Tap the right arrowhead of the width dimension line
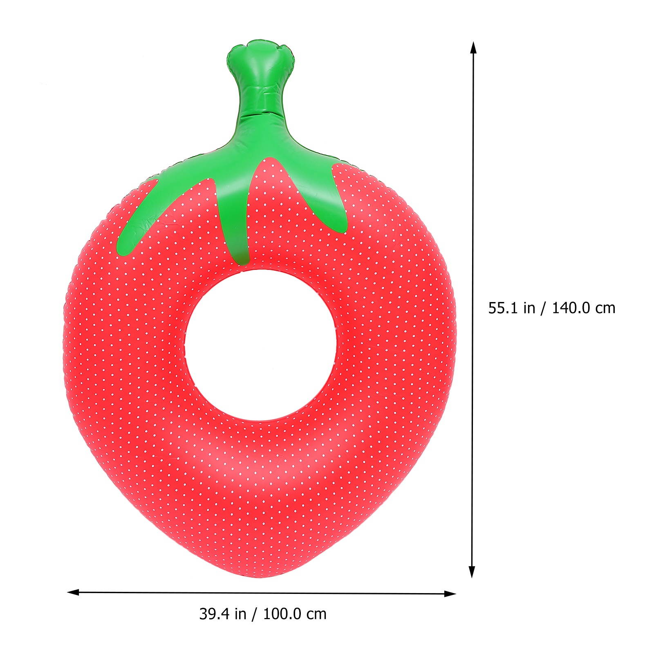[451, 594]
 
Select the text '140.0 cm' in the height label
[584, 308]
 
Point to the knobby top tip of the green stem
[260, 51]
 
